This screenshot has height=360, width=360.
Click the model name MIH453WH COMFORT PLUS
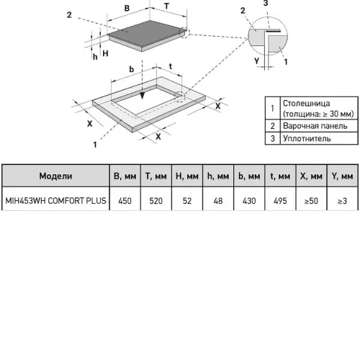tap(55, 201)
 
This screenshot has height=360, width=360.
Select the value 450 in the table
tap(125, 201)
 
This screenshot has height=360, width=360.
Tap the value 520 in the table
tap(156, 201)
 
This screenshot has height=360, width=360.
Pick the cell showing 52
tap(187, 201)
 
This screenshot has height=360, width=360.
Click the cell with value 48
tap(218, 201)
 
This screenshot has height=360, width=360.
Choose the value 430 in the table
tap(249, 201)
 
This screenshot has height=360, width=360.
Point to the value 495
tap(280, 201)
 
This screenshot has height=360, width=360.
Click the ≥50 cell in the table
tap(311, 201)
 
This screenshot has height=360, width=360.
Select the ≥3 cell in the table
tap(342, 201)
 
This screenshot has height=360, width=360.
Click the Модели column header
tap(55, 176)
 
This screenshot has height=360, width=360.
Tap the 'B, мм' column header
tap(125, 176)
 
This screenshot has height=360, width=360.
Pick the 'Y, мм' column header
tap(342, 176)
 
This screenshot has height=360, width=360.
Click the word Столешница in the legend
tap(306, 103)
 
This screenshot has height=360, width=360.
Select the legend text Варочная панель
tap(315, 126)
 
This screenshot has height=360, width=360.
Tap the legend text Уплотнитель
tap(307, 138)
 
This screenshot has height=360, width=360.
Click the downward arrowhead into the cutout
tap(142, 96)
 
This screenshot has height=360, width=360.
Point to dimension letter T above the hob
tap(166, 6)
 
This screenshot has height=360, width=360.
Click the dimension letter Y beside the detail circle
tap(257, 60)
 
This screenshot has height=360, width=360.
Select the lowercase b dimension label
tap(131, 69)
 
